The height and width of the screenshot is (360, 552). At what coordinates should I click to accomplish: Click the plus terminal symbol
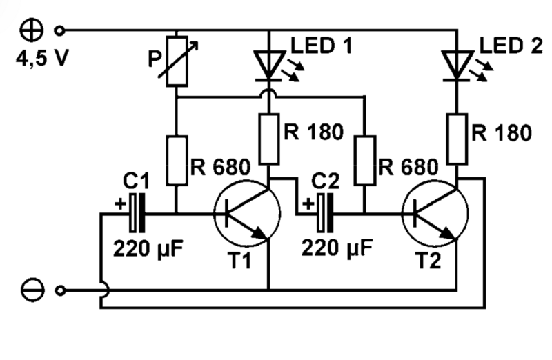[33, 30]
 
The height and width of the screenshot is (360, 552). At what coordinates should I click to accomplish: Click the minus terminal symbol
[33, 290]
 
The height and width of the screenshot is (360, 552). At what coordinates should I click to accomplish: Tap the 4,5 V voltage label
[41, 57]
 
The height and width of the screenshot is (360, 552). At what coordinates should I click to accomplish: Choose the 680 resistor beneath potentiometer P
[177, 160]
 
